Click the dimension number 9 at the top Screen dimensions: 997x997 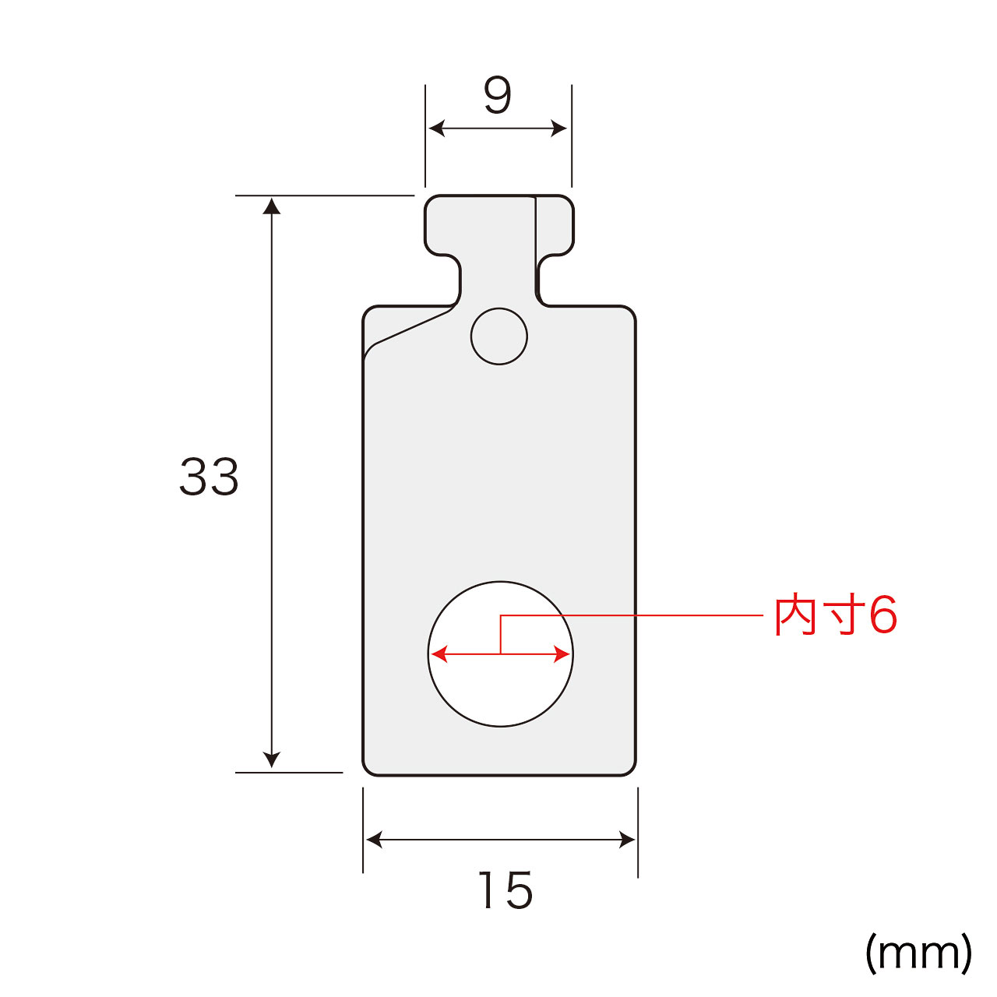[498, 95]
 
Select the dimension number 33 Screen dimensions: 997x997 [209, 477]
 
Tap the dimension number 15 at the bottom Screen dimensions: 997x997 [505, 890]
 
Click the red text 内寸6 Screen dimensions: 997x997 [836, 615]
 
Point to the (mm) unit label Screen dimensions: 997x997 [918, 953]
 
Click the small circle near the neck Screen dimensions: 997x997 [498, 336]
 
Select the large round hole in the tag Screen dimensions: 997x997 [500, 654]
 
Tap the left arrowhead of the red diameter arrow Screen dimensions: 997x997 [439, 654]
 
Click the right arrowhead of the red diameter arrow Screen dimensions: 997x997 [562, 654]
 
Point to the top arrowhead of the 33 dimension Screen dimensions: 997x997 [272, 206]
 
